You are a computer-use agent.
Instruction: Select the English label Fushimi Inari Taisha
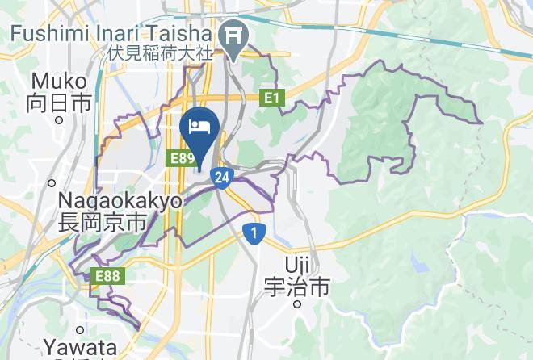click(x=111, y=34)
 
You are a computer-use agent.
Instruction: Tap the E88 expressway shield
click(x=106, y=276)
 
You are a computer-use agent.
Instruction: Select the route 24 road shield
click(x=223, y=177)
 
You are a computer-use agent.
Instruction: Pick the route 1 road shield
click(x=254, y=233)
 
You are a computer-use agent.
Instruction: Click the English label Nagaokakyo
click(x=120, y=201)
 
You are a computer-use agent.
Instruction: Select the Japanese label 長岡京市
click(x=102, y=222)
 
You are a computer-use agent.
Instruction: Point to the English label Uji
click(x=298, y=264)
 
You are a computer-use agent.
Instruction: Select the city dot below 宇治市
click(x=297, y=304)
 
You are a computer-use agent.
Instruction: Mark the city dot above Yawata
click(x=80, y=329)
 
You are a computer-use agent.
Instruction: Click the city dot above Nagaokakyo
click(x=52, y=182)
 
